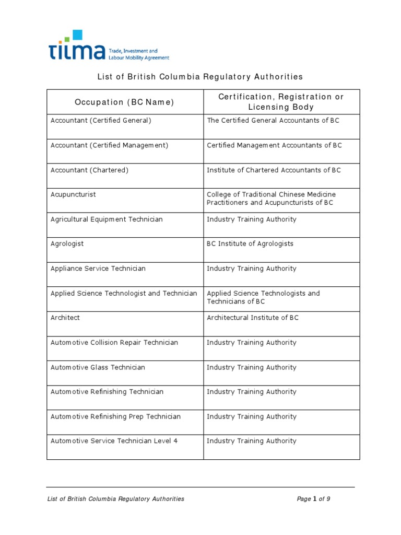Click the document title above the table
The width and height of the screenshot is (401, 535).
point(200,77)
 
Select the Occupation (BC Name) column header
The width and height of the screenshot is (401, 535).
point(125,102)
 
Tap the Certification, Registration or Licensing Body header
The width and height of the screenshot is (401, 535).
point(281,102)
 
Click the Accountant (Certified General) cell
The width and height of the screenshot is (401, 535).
point(101,121)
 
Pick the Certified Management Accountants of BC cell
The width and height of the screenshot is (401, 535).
point(274,145)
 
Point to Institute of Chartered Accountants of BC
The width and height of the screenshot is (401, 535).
point(274,170)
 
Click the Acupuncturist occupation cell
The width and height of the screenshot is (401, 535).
point(73,195)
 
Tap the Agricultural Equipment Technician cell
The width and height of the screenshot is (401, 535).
point(107,219)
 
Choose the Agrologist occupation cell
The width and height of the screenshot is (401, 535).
point(67,244)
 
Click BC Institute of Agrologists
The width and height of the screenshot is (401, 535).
point(250,244)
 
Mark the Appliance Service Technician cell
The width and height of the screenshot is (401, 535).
point(98,269)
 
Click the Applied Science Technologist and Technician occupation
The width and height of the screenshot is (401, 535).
point(124,294)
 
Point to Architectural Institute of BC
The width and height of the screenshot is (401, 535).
point(253,318)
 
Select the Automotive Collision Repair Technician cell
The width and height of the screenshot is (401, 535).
point(114,343)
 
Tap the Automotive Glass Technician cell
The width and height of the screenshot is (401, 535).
point(98,367)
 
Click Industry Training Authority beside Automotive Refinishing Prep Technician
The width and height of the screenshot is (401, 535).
point(251,417)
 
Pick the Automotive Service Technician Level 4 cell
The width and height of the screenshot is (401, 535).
point(114,441)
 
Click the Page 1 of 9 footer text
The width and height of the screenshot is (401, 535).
point(313,499)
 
